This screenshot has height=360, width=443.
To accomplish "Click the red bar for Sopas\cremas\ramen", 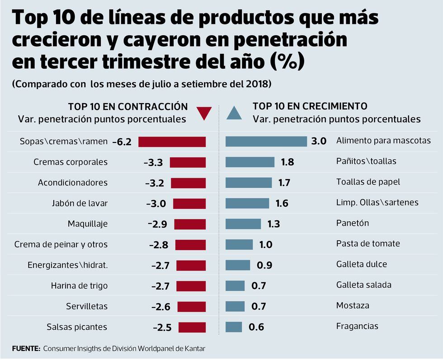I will coord(172,142).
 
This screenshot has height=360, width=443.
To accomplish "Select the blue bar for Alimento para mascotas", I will coord(266,141).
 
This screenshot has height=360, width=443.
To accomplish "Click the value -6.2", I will coord(122,142).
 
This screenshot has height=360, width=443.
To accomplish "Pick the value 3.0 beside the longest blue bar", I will coord(319,141).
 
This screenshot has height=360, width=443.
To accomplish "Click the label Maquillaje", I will coord(88,224).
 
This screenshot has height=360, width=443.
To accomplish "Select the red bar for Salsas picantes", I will coord(192,327).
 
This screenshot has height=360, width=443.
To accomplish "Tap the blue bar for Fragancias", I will coord(234,327).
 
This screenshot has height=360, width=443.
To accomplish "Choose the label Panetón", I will coord(353,223).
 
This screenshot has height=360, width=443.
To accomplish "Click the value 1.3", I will coord(273,224).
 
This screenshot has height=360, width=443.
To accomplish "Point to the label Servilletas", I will coord(87,306).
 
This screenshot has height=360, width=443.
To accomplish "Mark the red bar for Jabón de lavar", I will coord(189,204).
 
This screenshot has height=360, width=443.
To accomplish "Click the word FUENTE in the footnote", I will coord(26,349).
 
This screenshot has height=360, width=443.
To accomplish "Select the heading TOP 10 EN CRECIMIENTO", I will coord(310,106).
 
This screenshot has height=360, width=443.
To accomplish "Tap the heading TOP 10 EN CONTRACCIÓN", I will coord(128,107).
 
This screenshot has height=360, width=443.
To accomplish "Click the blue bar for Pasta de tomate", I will coord(239,244).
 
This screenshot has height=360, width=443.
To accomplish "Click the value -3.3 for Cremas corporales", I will coord(153,163).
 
